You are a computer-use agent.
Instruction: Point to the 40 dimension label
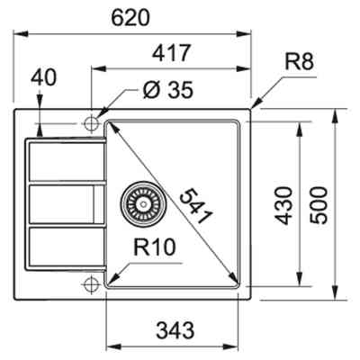pyautogui.click(x=42, y=77)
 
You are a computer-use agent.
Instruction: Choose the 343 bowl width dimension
pyautogui.click(x=174, y=328)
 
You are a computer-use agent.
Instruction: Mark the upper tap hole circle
pyautogui.click(x=93, y=122)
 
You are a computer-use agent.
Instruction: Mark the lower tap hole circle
pyautogui.click(x=92, y=285)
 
